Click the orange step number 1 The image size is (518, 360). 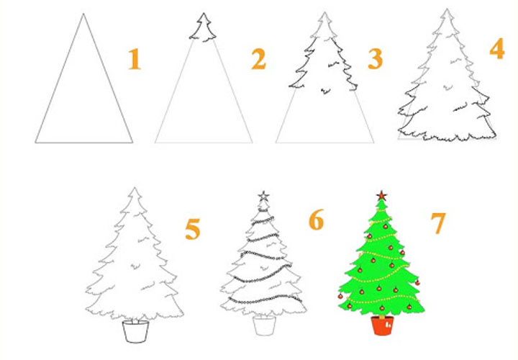[x=135, y=59]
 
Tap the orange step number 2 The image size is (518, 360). [x=258, y=59]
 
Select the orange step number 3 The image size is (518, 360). [x=376, y=59]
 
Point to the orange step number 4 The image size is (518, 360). [x=497, y=48]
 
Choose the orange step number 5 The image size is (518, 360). [x=193, y=229]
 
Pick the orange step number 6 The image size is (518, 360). [x=316, y=220]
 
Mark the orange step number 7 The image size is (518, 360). [x=438, y=222]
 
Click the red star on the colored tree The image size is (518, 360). [x=381, y=196]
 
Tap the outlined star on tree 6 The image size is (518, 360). [x=263, y=196]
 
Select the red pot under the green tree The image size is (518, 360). [x=382, y=325]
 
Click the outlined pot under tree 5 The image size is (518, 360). [x=135, y=332]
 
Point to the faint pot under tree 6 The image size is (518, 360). [x=264, y=326]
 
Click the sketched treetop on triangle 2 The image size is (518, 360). [x=203, y=27]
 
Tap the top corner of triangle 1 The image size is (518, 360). [x=83, y=14]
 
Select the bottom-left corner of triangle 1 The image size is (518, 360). [x=35, y=143]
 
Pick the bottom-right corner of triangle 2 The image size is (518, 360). [x=253, y=143]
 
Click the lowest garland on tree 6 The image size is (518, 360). [x=265, y=300]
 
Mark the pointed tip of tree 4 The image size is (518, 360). [x=447, y=9]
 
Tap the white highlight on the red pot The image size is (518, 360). [x=388, y=324]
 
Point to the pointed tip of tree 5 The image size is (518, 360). [x=135, y=187]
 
